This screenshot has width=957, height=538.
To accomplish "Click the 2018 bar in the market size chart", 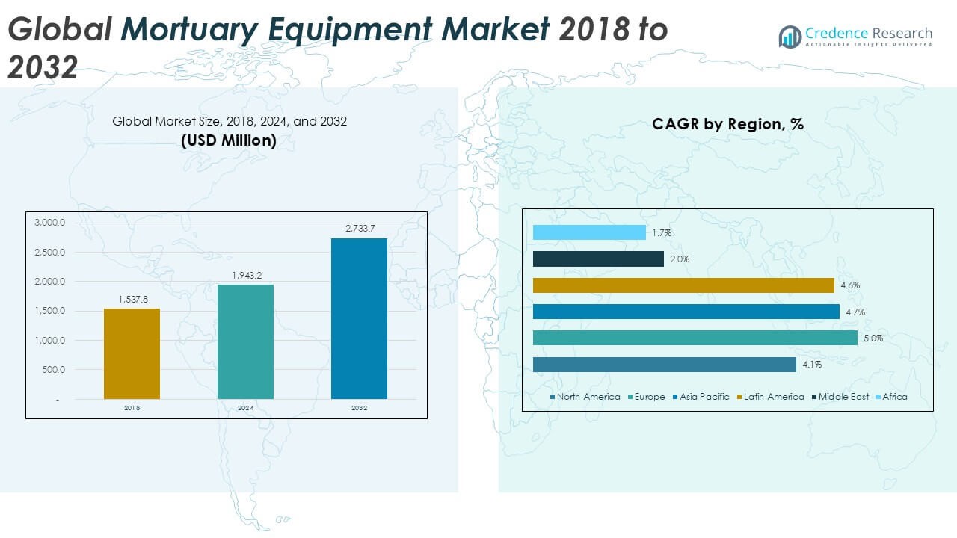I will tap(132, 353).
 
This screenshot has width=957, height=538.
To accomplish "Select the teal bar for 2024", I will tap(245, 341).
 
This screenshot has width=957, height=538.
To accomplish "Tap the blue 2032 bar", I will tap(359, 318).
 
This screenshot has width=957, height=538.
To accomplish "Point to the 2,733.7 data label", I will tap(359, 229).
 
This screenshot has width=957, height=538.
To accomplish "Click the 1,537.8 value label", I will tap(132, 300).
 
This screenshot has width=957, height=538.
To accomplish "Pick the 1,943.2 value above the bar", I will tap(245, 276).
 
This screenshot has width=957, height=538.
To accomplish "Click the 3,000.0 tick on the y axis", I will tap(50, 223).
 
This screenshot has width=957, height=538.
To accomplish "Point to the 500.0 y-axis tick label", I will tap(52, 370).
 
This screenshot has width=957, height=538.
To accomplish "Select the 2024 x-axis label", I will tap(245, 409).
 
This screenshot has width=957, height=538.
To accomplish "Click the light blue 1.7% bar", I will tap(589, 232).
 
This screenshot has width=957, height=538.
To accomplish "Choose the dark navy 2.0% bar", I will tap(598, 259).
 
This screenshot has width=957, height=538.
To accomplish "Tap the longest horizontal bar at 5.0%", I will tap(695, 338).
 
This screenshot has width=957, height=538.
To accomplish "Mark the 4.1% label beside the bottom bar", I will tap(812, 365).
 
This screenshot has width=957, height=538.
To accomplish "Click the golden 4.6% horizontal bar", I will tap(683, 285).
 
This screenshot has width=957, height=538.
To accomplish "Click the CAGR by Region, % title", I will tap(727, 124).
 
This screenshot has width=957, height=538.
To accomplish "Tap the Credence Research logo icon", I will tap(790, 36).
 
